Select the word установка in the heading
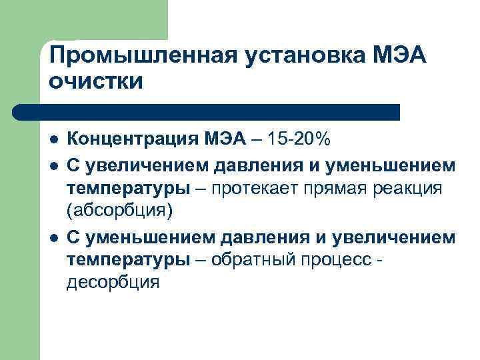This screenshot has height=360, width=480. tap(295, 57)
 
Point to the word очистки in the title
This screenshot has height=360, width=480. tap(95, 82)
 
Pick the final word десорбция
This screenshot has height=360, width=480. tap(113, 283)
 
